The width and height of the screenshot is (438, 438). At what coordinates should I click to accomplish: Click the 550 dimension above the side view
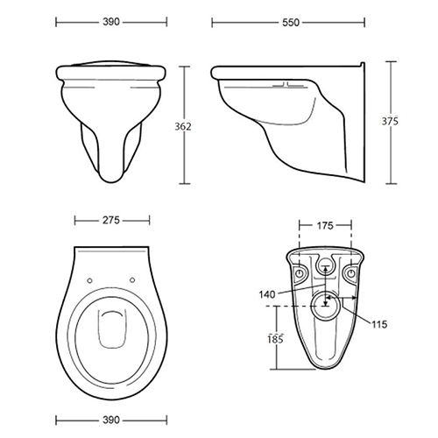(x=291, y=23)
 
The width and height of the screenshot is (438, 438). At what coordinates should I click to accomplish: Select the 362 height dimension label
(x=183, y=126)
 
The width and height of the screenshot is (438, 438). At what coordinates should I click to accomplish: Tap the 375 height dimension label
(x=390, y=121)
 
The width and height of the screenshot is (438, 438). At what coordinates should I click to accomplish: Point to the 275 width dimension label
(x=111, y=220)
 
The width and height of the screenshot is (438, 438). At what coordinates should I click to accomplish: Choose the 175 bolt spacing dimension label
(x=325, y=225)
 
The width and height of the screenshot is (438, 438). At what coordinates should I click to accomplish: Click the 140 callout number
(x=267, y=294)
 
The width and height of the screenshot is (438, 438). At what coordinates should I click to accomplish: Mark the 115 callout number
(x=379, y=324)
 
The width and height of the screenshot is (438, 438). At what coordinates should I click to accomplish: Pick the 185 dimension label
(x=275, y=339)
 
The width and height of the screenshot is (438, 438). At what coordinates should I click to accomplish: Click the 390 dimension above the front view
(x=111, y=22)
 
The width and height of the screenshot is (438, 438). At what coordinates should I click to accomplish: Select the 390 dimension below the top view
(x=111, y=420)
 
